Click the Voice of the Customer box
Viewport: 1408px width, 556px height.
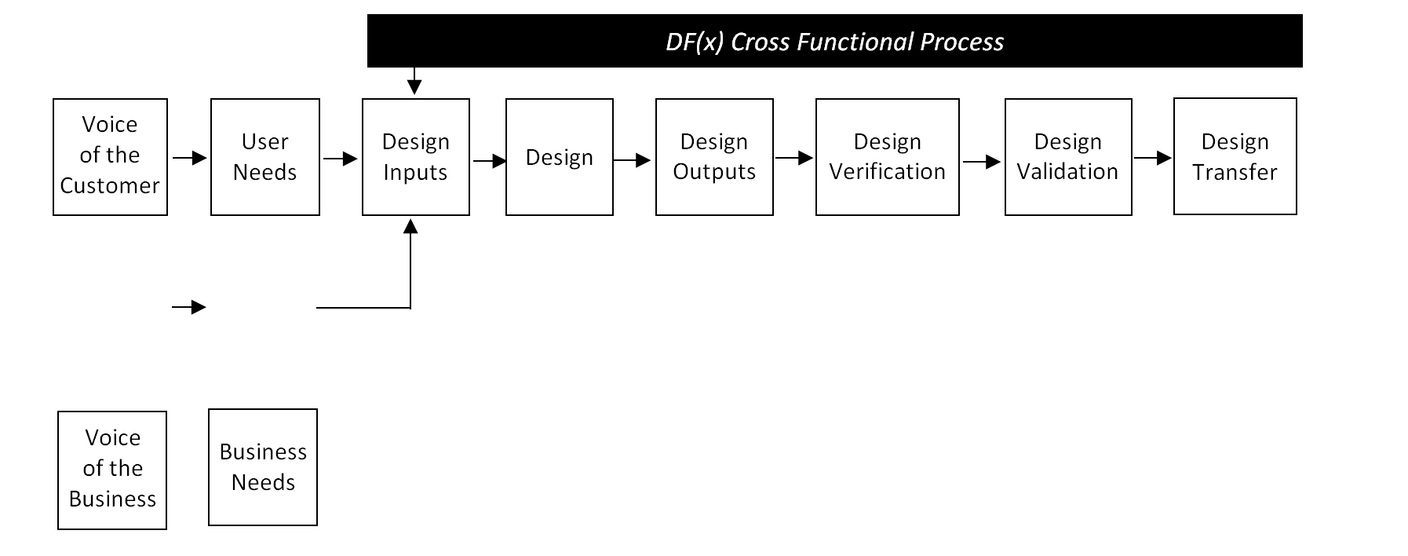coord(110,156)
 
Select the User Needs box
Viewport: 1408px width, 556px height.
coord(264,156)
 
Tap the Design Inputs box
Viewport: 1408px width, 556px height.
coord(415,156)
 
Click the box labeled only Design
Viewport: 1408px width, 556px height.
coord(559,156)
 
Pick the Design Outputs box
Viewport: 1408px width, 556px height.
coord(714,156)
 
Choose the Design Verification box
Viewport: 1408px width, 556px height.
coord(887,156)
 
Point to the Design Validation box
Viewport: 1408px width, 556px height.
coord(1067,156)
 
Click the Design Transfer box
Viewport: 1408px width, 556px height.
coord(1235,155)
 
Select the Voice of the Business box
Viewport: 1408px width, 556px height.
coord(112,469)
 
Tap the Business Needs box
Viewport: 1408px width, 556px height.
coord(263,466)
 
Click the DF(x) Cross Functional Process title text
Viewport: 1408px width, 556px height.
coord(834,42)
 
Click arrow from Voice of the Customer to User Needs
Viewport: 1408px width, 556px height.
coord(189,158)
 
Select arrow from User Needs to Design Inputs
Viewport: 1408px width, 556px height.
coord(340,159)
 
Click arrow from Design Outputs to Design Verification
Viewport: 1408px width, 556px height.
coord(793,158)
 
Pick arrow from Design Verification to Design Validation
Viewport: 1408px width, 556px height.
coord(981,163)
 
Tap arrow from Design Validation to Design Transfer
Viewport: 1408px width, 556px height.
coord(1152,158)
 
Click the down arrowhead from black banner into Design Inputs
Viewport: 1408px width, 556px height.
coord(414,86)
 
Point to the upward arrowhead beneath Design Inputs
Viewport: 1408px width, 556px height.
coord(410,227)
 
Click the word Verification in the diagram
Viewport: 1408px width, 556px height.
coord(887,171)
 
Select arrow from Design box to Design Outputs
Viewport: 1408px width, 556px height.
coord(632,160)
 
